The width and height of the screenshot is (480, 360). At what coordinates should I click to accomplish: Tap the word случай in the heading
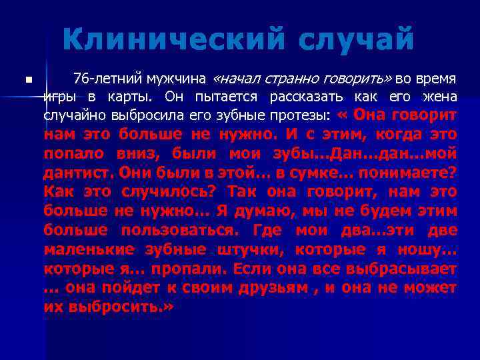pyautogui.click(x=357, y=40)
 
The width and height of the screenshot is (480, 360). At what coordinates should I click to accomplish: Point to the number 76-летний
pyautogui.click(x=102, y=78)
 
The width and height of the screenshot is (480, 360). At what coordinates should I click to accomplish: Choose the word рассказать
pyautogui.click(x=309, y=96)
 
